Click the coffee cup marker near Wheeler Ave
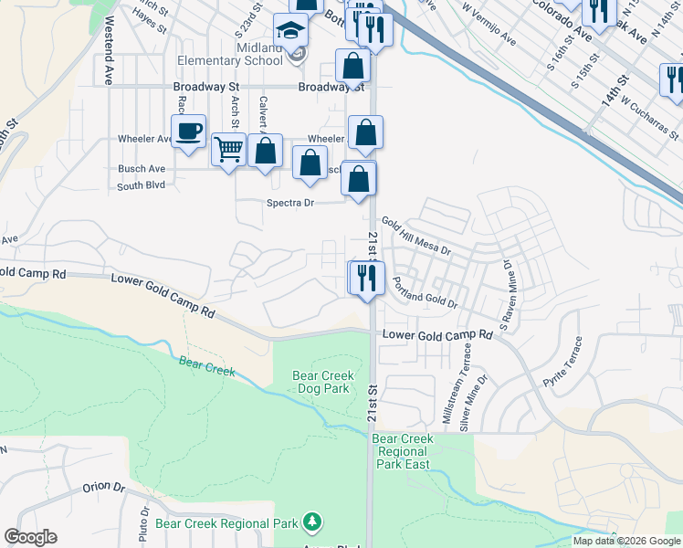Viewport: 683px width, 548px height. pos(189,132)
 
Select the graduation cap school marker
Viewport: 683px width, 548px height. pos(291,35)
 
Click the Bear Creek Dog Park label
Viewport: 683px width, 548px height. pos(323,382)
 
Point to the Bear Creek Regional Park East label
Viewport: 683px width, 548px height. pos(403,451)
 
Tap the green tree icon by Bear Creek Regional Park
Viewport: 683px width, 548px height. pos(314,522)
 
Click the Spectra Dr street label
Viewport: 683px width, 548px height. pos(289,203)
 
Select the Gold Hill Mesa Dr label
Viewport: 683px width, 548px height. pos(416,236)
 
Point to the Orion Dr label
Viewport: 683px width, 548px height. pos(103,487)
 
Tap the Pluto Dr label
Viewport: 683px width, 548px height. pos(144,524)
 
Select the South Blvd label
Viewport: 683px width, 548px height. pos(141,185)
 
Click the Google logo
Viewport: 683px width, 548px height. pos(30,537)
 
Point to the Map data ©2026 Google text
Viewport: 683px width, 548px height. pos(626,541)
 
